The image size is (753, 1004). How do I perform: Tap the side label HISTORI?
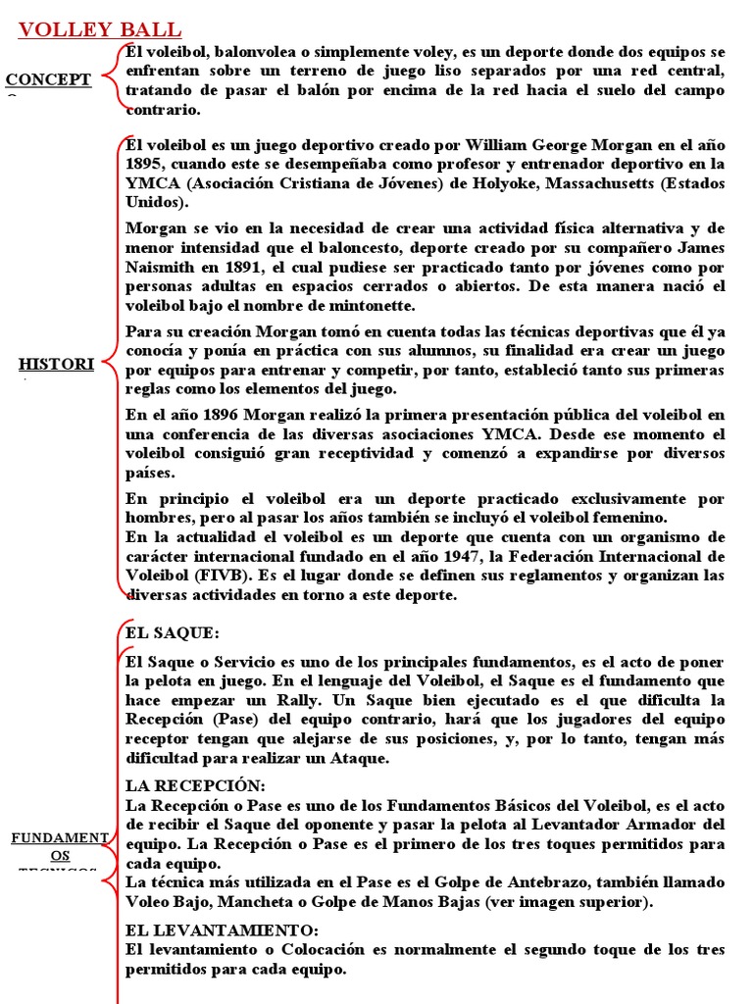56,365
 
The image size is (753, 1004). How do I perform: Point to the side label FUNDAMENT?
59,837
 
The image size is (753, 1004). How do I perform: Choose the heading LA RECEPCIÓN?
196,786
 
